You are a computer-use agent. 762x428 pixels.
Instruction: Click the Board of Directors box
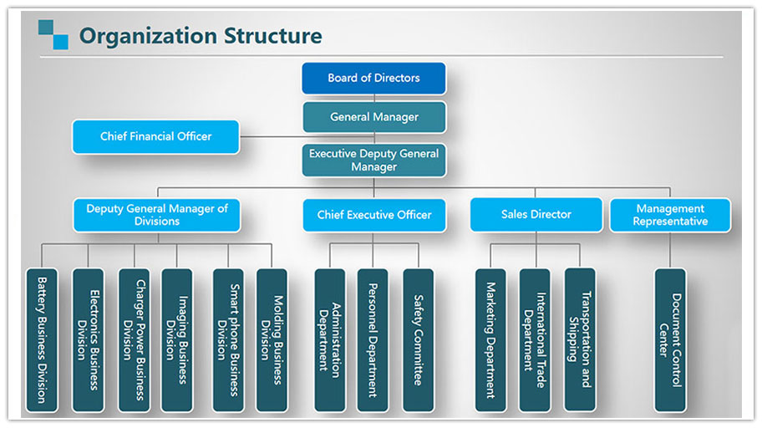(373, 78)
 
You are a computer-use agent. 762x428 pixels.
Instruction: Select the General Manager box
(374, 117)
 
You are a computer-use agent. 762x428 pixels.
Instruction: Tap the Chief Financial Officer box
(155, 136)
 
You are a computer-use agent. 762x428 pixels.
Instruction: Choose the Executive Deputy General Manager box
(373, 160)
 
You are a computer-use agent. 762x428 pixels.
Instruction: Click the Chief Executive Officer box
(374, 215)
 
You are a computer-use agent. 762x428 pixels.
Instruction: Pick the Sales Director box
(536, 215)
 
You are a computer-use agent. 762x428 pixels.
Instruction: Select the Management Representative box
(670, 215)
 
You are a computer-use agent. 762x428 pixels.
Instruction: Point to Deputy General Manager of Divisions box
(157, 215)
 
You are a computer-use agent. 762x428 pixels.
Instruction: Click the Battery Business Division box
(42, 340)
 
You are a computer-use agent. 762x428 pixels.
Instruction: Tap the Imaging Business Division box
(177, 340)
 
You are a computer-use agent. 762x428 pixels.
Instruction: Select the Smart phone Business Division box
(228, 340)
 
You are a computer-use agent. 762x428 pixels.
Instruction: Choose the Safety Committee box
(419, 340)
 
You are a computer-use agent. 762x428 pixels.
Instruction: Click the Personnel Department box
(373, 340)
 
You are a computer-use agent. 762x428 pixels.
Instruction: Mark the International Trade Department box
(535, 340)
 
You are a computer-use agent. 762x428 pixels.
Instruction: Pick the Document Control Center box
(670, 340)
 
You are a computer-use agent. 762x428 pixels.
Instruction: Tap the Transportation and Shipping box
(580, 339)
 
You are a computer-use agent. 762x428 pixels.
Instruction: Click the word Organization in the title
(148, 37)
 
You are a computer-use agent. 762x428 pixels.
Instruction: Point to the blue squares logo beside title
(53, 34)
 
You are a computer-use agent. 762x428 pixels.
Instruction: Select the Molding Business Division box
(272, 340)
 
